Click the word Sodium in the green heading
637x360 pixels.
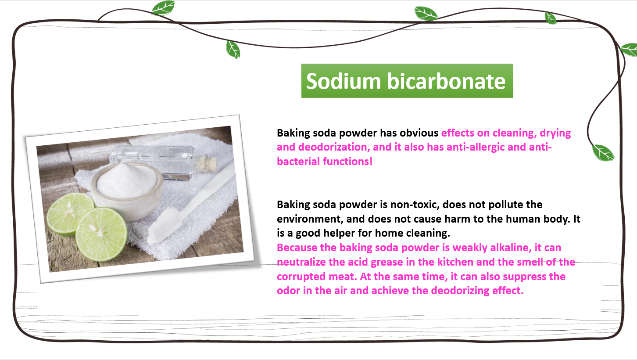[x=343, y=81]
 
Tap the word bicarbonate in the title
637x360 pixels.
[x=446, y=81]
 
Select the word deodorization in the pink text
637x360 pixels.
[x=334, y=147]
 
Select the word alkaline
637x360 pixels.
[x=511, y=248]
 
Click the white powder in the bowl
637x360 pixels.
[x=127, y=181]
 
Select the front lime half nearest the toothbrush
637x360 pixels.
[x=101, y=234]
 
